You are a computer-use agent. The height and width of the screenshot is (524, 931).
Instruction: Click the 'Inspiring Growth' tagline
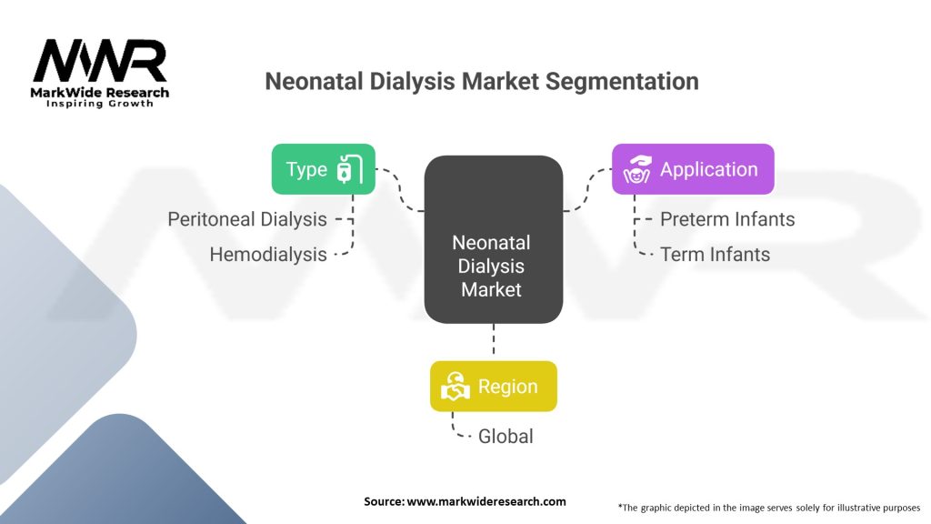[x=100, y=104]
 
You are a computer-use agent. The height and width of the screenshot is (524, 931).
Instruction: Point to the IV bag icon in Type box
[x=349, y=169]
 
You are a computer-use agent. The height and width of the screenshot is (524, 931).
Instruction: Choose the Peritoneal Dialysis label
[x=247, y=219]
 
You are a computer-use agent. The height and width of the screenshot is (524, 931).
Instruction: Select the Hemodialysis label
[x=268, y=255]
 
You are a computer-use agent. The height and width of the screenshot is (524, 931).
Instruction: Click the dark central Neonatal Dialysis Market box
[x=493, y=240]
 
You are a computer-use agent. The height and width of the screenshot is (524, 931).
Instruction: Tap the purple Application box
[x=692, y=169]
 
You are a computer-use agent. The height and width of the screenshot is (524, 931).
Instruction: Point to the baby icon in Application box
[x=637, y=169]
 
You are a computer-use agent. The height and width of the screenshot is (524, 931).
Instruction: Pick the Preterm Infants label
[x=727, y=219]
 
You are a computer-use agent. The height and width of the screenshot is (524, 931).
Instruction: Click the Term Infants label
[x=715, y=255]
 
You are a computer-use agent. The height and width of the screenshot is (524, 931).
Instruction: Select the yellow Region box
[x=493, y=387]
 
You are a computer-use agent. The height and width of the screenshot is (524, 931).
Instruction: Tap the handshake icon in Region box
[x=455, y=387]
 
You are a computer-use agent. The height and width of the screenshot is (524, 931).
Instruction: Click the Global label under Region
[x=506, y=437]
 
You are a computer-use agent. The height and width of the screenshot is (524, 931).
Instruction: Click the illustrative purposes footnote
[x=769, y=507]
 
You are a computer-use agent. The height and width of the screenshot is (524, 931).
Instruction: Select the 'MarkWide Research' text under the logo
[x=100, y=92]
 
